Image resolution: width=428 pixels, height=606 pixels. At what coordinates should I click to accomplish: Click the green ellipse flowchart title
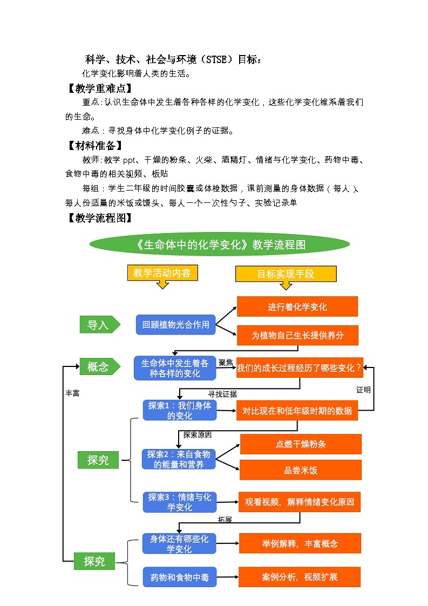pyautogui.click(x=220, y=245)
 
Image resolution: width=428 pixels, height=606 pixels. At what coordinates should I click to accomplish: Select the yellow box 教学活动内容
pyautogui.click(x=162, y=273)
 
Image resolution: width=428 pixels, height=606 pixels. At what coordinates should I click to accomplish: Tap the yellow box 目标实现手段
pyautogui.click(x=286, y=274)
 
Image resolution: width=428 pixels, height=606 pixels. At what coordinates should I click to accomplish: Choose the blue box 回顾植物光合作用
pyautogui.click(x=175, y=325)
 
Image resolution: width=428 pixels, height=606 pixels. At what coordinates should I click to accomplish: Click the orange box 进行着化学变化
pyautogui.click(x=297, y=307)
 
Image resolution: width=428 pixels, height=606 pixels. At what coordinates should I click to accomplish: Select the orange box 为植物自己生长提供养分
pyautogui.click(x=297, y=335)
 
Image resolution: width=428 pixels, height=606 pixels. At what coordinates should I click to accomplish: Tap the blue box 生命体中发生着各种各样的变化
pyautogui.click(x=175, y=368)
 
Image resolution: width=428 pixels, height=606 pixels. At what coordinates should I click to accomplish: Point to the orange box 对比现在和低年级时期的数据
pyautogui.click(x=297, y=411)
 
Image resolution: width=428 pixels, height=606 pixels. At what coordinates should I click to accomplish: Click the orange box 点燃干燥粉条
pyautogui.click(x=301, y=444)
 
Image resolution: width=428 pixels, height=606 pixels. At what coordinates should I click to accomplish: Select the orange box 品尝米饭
pyautogui.click(x=301, y=470)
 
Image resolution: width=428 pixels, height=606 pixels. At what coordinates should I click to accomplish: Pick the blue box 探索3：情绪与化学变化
pyautogui.click(x=180, y=502)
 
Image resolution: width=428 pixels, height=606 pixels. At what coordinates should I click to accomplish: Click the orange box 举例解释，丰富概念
pyautogui.click(x=300, y=543)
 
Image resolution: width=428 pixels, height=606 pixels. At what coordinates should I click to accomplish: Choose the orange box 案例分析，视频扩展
pyautogui.click(x=300, y=577)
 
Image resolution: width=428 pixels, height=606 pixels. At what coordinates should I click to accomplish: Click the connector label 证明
pyautogui.click(x=363, y=390)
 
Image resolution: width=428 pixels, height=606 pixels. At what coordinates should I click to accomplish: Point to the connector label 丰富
pyautogui.click(x=72, y=394)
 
